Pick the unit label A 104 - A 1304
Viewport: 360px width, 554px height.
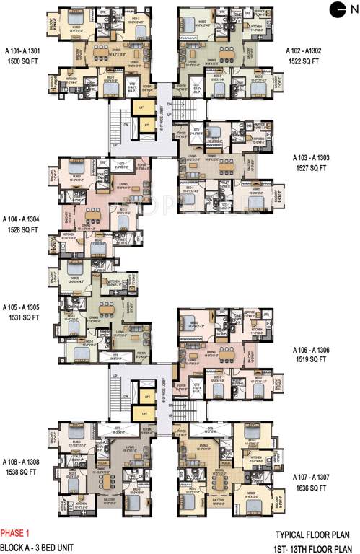(x=22, y=218)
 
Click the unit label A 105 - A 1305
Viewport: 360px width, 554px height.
(x=22, y=307)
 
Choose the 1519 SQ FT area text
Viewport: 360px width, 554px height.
(x=310, y=362)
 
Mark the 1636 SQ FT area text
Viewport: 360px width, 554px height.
(x=310, y=489)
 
